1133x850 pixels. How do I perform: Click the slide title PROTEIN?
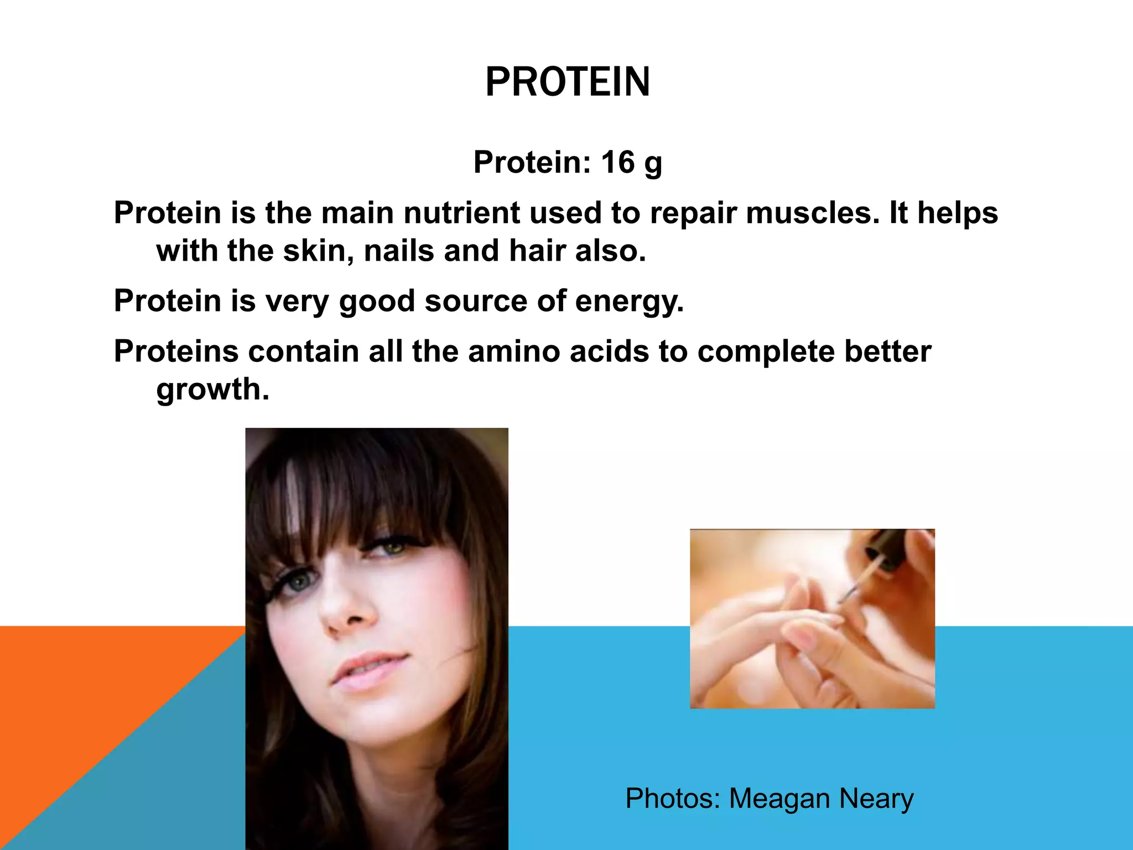click(567, 82)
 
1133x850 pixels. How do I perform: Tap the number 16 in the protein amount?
click(617, 162)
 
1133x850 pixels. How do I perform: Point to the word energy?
click(629, 301)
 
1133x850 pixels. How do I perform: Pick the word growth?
click(212, 390)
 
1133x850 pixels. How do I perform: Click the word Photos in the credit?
click(672, 799)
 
